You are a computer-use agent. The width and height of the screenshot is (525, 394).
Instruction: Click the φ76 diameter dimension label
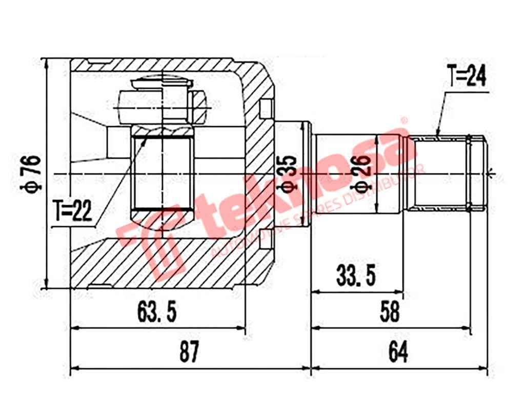tap(32, 174)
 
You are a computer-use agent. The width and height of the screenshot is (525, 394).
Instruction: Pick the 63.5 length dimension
tap(157, 312)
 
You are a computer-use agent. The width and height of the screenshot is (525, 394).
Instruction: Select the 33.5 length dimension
tap(356, 276)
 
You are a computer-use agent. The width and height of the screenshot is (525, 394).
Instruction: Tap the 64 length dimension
tap(398, 353)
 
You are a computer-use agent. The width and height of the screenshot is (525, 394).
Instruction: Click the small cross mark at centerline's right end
tap(492, 174)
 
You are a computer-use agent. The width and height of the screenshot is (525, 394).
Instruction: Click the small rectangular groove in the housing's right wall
tap(265, 109)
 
